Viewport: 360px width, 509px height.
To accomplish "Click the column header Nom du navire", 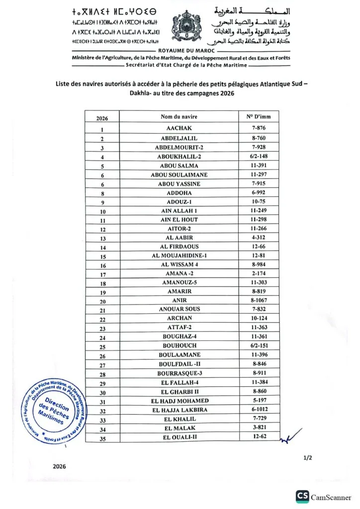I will point(179,117).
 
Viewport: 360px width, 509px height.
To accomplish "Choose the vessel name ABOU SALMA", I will point(179,166).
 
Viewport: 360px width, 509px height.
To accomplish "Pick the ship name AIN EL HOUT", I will point(179,220).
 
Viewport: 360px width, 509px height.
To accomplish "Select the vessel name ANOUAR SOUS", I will point(179,309).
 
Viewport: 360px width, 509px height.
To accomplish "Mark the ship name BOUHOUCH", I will point(179,345).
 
